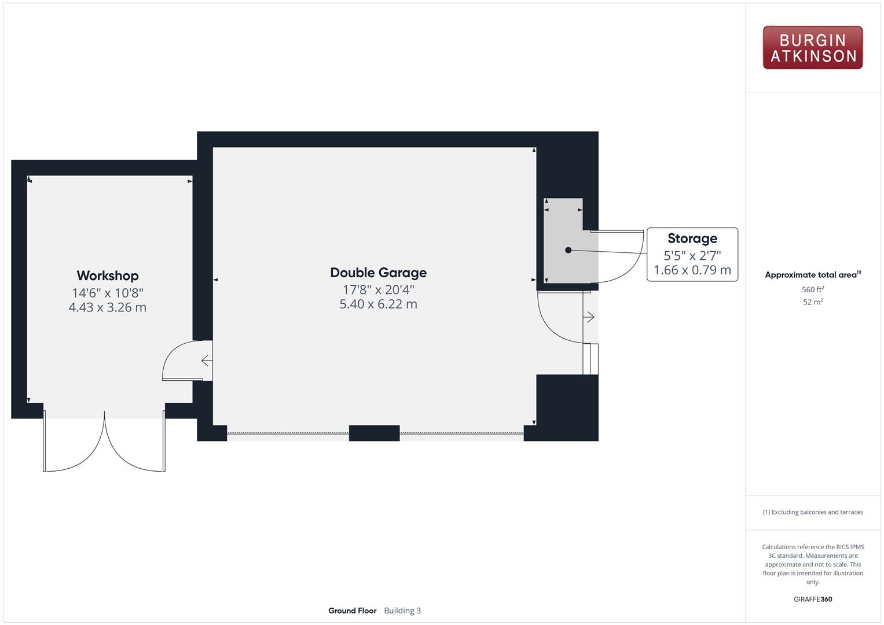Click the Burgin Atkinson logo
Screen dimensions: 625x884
pos(812,48)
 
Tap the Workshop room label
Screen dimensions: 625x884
pos(108,275)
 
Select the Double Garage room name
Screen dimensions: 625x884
pos(378,273)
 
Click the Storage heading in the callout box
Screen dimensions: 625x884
pos(692,238)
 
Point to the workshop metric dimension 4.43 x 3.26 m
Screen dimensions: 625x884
pos(108,307)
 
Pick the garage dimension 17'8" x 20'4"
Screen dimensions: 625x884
pos(378,289)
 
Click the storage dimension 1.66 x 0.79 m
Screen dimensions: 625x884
pos(692,270)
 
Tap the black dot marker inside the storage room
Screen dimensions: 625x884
pos(568,250)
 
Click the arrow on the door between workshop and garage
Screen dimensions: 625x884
pos(206,361)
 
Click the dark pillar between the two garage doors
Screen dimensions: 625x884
pos(374,433)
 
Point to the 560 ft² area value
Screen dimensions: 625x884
pos(813,289)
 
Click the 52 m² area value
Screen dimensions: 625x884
pos(813,302)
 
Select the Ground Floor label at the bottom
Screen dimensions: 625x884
pos(352,611)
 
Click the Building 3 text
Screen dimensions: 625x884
pos(402,611)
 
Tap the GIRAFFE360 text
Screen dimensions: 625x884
pos(812,599)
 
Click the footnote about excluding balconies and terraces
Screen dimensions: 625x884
pos(812,512)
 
